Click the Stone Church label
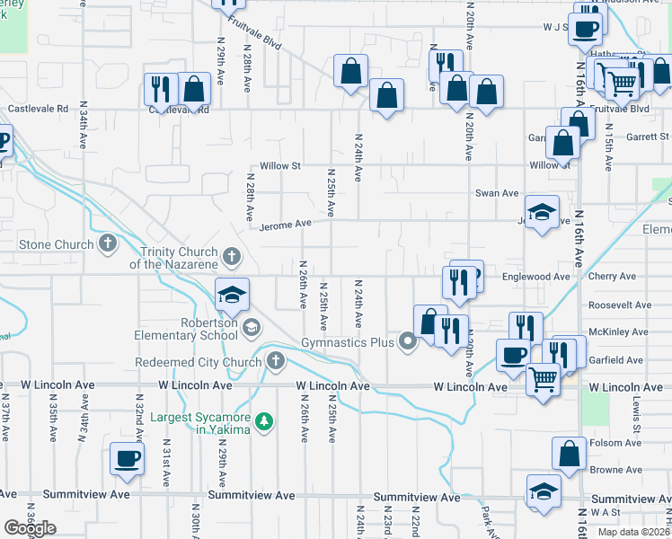(56, 244)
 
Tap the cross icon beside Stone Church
(109, 243)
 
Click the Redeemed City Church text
(198, 362)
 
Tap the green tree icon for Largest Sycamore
(264, 420)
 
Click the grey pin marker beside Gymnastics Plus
(409, 341)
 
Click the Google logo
(31, 528)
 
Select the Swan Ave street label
(497, 193)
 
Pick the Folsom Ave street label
(615, 442)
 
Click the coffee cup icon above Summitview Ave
(127, 458)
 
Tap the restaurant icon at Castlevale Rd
(160, 87)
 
